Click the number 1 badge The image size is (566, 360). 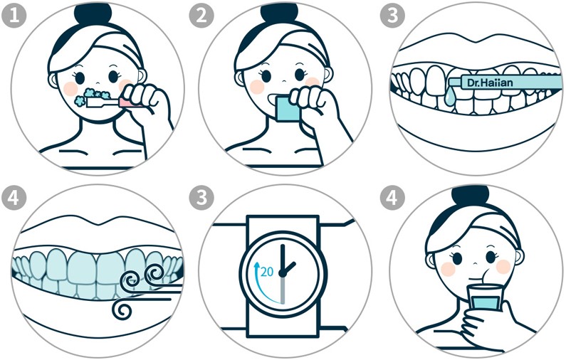coord(14,16)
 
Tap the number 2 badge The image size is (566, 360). coord(201,16)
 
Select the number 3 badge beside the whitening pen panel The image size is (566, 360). coord(392,16)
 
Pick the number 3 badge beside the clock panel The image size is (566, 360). coord(201,198)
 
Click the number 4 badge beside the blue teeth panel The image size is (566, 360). coord(14,198)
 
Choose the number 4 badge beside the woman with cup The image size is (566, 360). coord(392,198)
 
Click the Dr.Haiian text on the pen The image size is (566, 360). coord(490,83)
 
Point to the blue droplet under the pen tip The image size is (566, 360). coord(450,97)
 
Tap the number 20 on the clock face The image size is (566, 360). coord(267,271)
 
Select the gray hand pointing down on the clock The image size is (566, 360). coord(283,289)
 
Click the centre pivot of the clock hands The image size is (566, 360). coord(283,274)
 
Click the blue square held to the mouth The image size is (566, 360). coord(288,107)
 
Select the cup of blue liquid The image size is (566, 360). coord(483,297)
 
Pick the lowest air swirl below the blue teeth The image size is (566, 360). coord(122,309)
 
